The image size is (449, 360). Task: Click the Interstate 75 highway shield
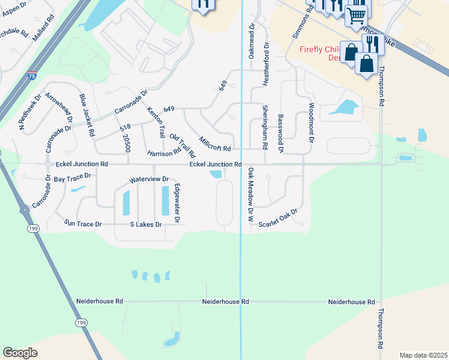[x=32, y=76]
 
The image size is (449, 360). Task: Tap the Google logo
[x=20, y=353]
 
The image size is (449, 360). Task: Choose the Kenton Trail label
[x=155, y=122]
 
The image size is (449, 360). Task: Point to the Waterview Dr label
[x=149, y=179]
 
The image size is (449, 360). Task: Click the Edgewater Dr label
[x=177, y=203]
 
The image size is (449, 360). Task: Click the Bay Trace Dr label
[x=72, y=177]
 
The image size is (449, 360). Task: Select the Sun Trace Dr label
[x=83, y=224]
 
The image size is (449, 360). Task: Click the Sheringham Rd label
[x=265, y=122]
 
